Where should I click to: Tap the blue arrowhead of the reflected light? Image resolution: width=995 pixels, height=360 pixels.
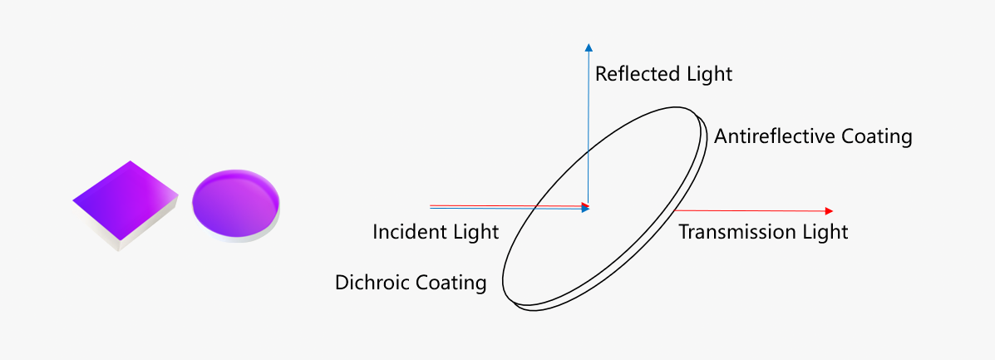click(x=589, y=47)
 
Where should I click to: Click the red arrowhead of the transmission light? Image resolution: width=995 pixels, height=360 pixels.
click(x=828, y=211)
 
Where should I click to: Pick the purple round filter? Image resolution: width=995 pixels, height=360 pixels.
click(x=235, y=205)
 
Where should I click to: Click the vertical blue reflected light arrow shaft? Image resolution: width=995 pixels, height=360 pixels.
click(x=589, y=127)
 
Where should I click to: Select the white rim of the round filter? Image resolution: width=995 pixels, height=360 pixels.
click(x=236, y=236)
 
